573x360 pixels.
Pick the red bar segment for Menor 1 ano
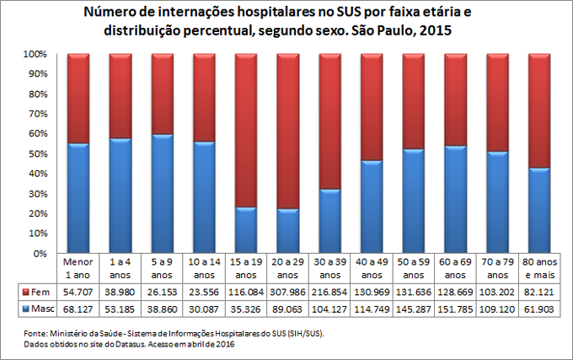[78, 98]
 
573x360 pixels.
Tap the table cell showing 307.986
[287, 291]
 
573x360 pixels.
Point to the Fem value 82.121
[539, 291]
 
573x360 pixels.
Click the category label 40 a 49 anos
[372, 268]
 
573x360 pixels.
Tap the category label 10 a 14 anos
[204, 268]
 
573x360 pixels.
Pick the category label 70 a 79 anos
[497, 268]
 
